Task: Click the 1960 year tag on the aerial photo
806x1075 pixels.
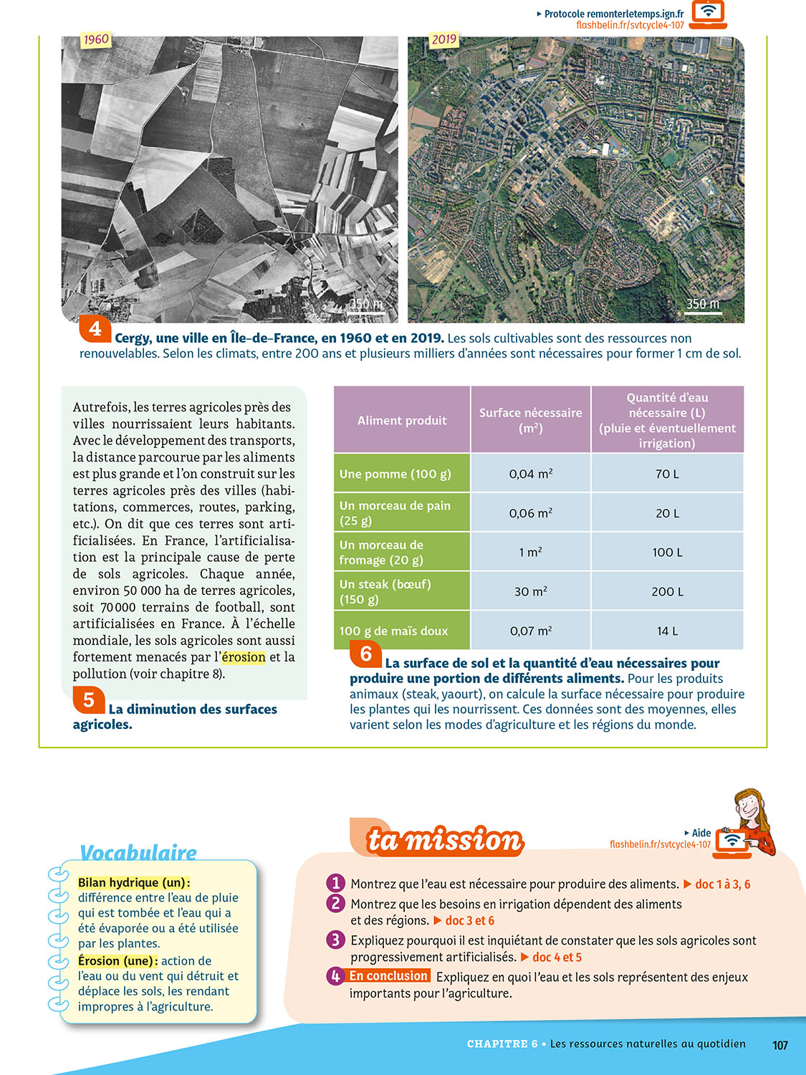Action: [x=96, y=39]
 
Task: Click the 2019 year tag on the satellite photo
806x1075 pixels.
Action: [x=443, y=39]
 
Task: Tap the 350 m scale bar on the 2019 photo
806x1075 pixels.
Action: [x=703, y=305]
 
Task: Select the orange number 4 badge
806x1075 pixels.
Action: [x=95, y=329]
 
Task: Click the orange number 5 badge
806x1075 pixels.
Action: [x=89, y=699]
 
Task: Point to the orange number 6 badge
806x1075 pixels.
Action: [x=365, y=653]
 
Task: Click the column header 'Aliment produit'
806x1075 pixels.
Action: [x=402, y=421]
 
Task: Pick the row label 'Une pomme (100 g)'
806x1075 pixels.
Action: [x=395, y=474]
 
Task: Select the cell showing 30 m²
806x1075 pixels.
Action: [x=531, y=591]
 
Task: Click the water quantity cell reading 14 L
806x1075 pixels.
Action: [x=667, y=631]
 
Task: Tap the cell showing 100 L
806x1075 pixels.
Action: [x=667, y=552]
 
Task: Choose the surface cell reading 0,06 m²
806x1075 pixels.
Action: [x=531, y=513]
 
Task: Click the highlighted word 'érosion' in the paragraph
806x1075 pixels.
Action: [x=244, y=657]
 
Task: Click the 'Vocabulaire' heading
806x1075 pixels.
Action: [x=138, y=853]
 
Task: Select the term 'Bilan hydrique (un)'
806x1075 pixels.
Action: [x=134, y=883]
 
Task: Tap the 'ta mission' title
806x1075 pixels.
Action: [x=445, y=840]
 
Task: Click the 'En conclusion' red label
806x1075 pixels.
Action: [x=388, y=976]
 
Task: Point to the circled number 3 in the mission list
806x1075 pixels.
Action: [x=335, y=940]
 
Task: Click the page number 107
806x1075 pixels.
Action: [x=780, y=1045]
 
